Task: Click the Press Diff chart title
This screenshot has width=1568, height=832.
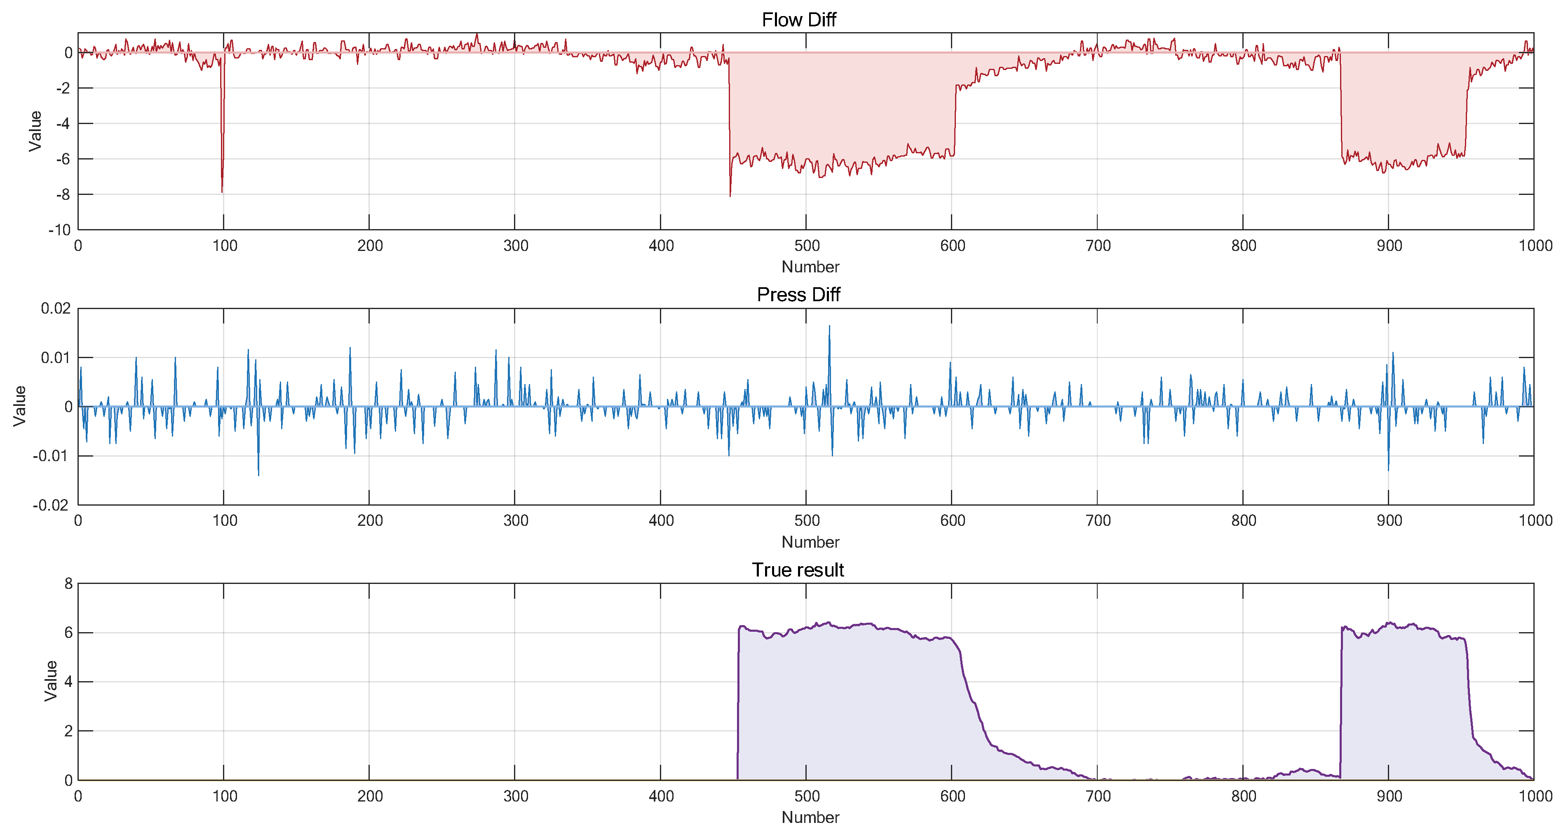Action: coord(798,295)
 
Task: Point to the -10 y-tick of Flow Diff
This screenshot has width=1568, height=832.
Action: coord(60,230)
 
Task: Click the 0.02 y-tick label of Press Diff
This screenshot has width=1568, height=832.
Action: coord(55,309)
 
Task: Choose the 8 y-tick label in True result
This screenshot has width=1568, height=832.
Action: coord(68,584)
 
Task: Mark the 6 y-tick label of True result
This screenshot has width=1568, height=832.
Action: coord(68,633)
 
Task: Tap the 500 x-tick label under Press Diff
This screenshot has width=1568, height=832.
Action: coord(807,521)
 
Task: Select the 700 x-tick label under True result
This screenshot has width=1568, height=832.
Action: coord(1098,796)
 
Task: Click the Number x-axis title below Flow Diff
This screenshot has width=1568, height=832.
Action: coord(810,267)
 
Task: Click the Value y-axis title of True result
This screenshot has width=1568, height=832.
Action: coord(51,681)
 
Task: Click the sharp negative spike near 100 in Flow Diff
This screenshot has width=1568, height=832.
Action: coord(222,191)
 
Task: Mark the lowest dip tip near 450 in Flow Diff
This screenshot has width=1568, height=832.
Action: coord(730,195)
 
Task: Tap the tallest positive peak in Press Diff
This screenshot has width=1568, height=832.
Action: coord(829,326)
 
